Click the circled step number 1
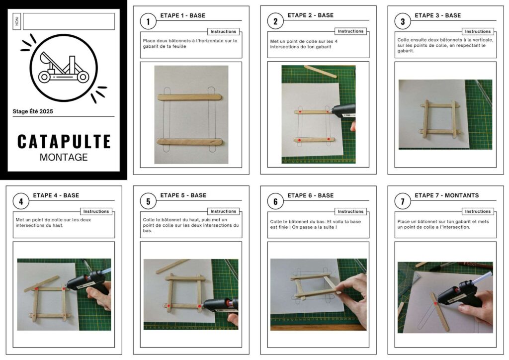(x=148, y=22)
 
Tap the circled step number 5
(x=148, y=201)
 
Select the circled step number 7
(x=403, y=201)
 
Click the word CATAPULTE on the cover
(x=64, y=142)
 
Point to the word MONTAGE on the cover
(x=64, y=158)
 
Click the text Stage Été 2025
(x=33, y=111)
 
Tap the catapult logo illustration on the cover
(x=64, y=68)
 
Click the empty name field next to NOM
(x=69, y=21)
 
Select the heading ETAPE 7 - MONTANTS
(x=447, y=195)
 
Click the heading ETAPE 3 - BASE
(x=437, y=15)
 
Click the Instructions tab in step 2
(x=350, y=31)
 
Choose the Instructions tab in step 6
(x=350, y=211)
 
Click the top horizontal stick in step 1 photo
(x=190, y=97)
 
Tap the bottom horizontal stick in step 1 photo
(x=190, y=142)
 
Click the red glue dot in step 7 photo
(x=435, y=303)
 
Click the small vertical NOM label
(x=17, y=22)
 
